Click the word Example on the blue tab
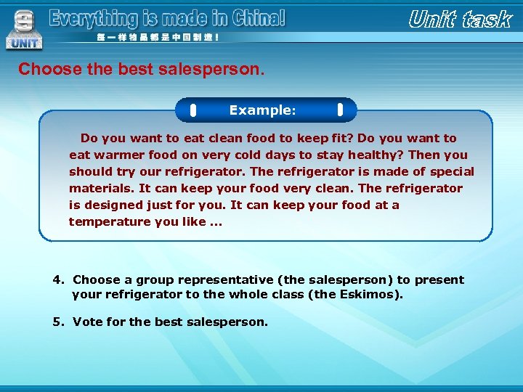pyautogui.click(x=260, y=110)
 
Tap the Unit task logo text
pyautogui.click(x=460, y=20)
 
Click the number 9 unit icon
pyautogui.click(x=24, y=29)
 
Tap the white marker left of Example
pyautogui.click(x=193, y=111)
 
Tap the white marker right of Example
pyautogui.click(x=340, y=111)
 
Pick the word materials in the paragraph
pyautogui.click(x=101, y=188)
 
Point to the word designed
pyautogui.click(x=108, y=205)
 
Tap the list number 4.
pyautogui.click(x=57, y=279)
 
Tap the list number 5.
pyautogui.click(x=57, y=322)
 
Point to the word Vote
pyautogui.click(x=89, y=322)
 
